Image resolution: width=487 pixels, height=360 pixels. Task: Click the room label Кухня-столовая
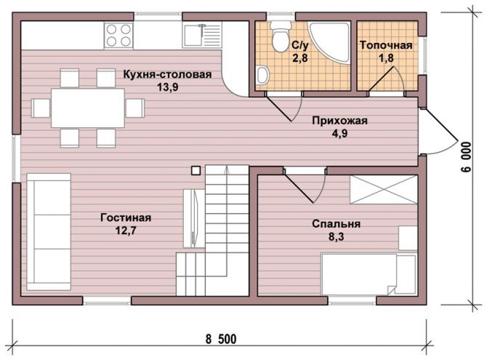[167, 75]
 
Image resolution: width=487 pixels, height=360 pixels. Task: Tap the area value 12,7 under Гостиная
[126, 231]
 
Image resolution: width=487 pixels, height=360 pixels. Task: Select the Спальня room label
[336, 224]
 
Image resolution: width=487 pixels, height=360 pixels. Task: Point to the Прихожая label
[339, 121]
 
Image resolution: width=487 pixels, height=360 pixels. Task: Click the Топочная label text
[386, 45]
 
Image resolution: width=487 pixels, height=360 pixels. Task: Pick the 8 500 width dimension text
[221, 339]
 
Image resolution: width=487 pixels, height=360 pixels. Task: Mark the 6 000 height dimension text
[466, 157]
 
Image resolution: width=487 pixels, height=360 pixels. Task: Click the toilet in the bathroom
[280, 36]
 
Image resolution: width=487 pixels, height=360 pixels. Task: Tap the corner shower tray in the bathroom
[329, 41]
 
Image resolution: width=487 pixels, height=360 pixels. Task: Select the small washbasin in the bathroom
[262, 75]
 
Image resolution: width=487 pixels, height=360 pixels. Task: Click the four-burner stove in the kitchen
[118, 35]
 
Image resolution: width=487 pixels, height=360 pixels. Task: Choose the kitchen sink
[202, 34]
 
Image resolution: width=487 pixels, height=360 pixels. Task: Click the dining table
[88, 108]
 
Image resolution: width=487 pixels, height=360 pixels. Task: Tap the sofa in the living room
[49, 232]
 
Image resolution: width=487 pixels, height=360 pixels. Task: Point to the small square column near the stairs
[196, 171]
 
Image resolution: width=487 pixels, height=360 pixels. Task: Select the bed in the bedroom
[369, 274]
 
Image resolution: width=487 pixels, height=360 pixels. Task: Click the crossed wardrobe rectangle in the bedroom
[384, 190]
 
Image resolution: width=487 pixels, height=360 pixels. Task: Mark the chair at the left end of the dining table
[41, 108]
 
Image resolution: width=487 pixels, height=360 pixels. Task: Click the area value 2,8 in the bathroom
[300, 58]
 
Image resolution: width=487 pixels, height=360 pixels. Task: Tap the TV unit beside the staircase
[194, 218]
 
